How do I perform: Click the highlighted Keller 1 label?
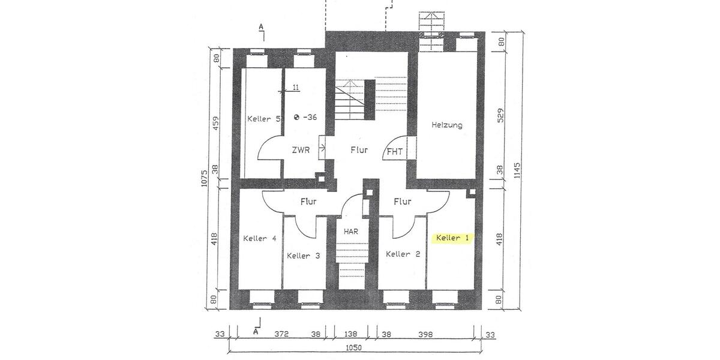point(452,238)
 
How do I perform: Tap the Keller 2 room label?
point(403,254)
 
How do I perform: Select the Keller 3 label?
point(303,256)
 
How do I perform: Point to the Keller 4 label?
point(260,238)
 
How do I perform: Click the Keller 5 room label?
point(264,119)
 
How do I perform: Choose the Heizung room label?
point(447,125)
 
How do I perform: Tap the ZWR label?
point(301,151)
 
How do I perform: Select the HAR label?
point(351,230)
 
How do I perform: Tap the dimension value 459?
point(217,123)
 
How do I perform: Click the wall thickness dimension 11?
point(296,88)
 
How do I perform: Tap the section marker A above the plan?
point(261,27)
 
